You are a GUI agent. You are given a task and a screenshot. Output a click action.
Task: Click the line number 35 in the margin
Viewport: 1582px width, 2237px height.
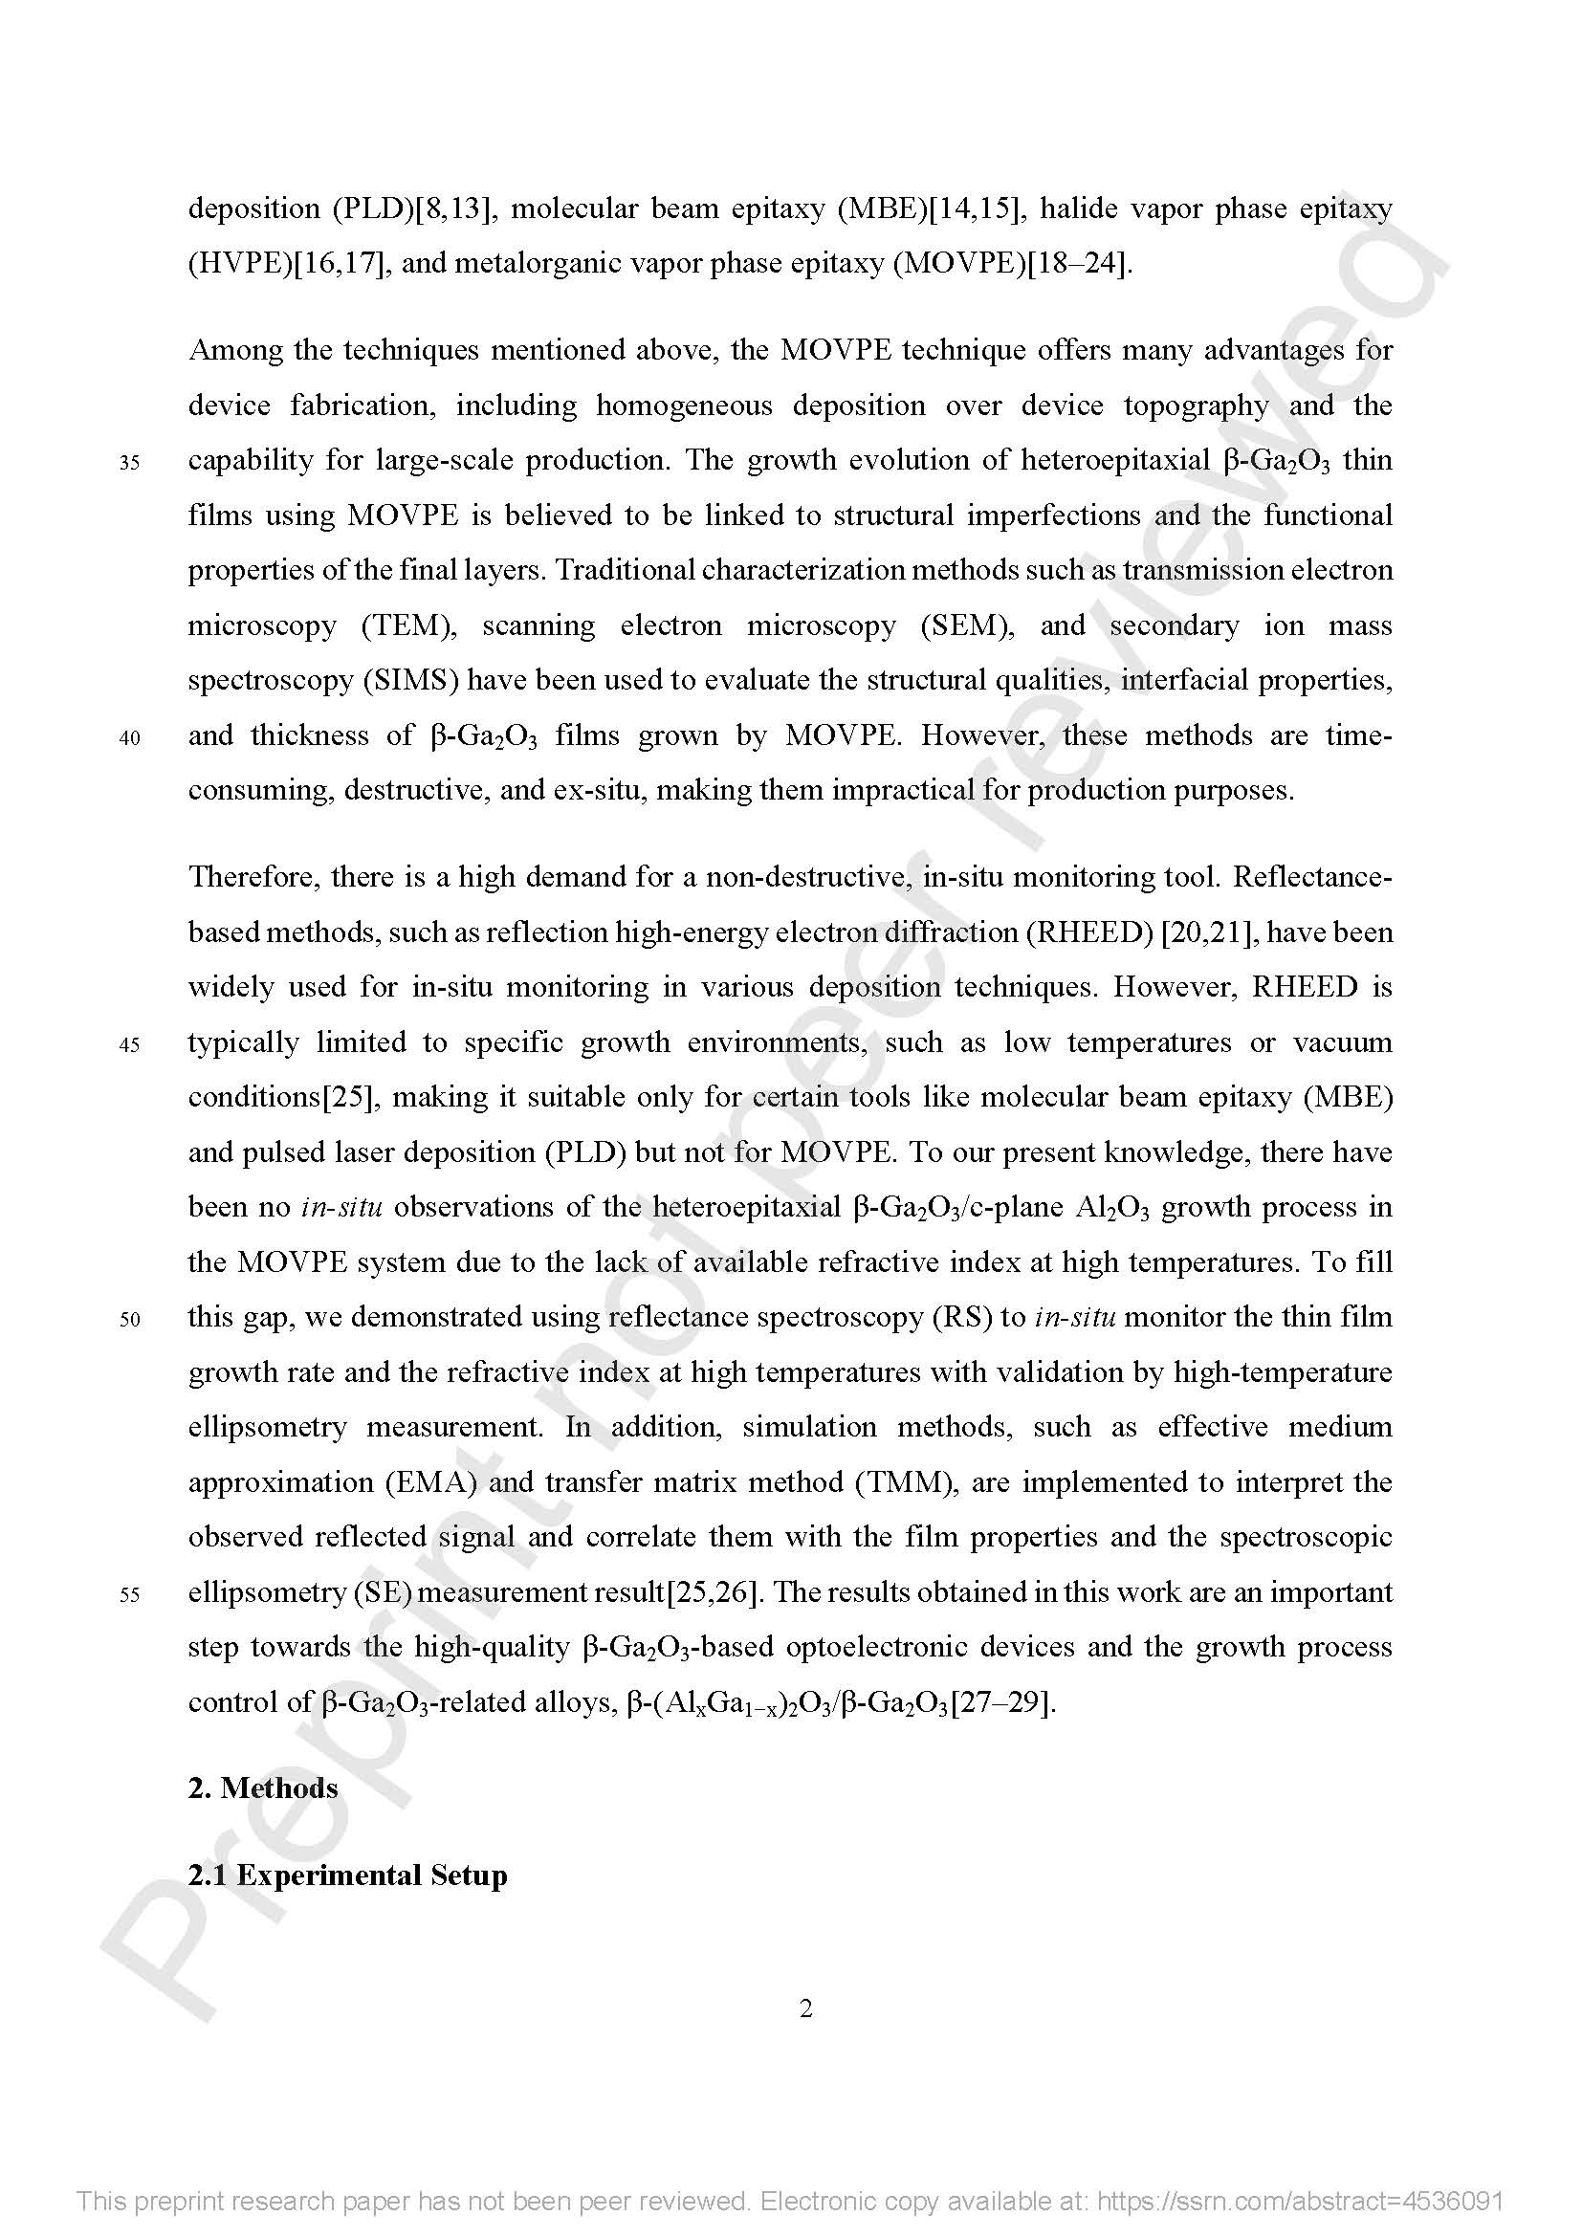(129, 463)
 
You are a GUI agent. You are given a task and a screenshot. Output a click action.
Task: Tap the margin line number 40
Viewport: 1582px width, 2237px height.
(129, 738)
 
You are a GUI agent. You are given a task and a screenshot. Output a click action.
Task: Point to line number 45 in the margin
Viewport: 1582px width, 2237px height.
(129, 1045)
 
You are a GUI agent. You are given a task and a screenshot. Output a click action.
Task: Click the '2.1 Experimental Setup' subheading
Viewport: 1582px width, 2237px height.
(348, 1875)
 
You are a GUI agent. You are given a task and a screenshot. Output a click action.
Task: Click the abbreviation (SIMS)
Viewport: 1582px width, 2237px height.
(411, 680)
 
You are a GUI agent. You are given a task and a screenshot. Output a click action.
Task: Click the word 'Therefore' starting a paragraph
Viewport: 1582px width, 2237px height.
(253, 878)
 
